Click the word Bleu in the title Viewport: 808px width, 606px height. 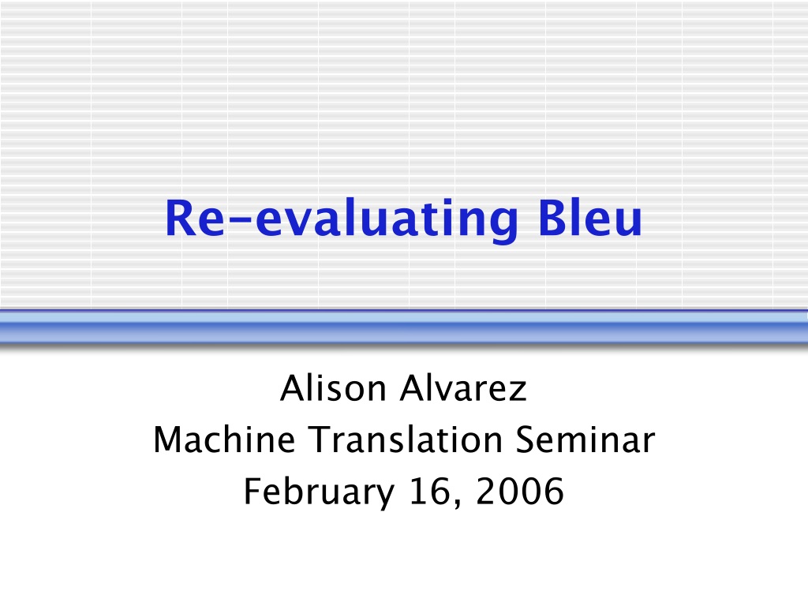click(590, 218)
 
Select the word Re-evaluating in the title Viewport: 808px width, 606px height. click(342, 221)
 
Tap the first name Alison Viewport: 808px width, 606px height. click(334, 387)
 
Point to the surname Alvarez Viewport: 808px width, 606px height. click(464, 387)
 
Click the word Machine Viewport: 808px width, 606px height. click(225, 440)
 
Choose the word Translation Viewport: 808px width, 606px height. click(406, 440)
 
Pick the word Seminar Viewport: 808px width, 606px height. click(585, 440)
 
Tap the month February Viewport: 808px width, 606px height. click(320, 492)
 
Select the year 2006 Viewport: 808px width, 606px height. click(520, 491)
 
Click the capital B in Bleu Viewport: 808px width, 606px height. click(553, 218)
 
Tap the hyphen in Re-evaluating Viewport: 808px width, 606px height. click(240, 222)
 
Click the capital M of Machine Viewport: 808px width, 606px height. click(167, 440)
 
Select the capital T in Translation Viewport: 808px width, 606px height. click(320, 440)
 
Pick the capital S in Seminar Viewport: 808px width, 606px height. click(526, 440)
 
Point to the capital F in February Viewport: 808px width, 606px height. click(253, 491)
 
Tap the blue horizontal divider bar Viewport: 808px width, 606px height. click(404, 326)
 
